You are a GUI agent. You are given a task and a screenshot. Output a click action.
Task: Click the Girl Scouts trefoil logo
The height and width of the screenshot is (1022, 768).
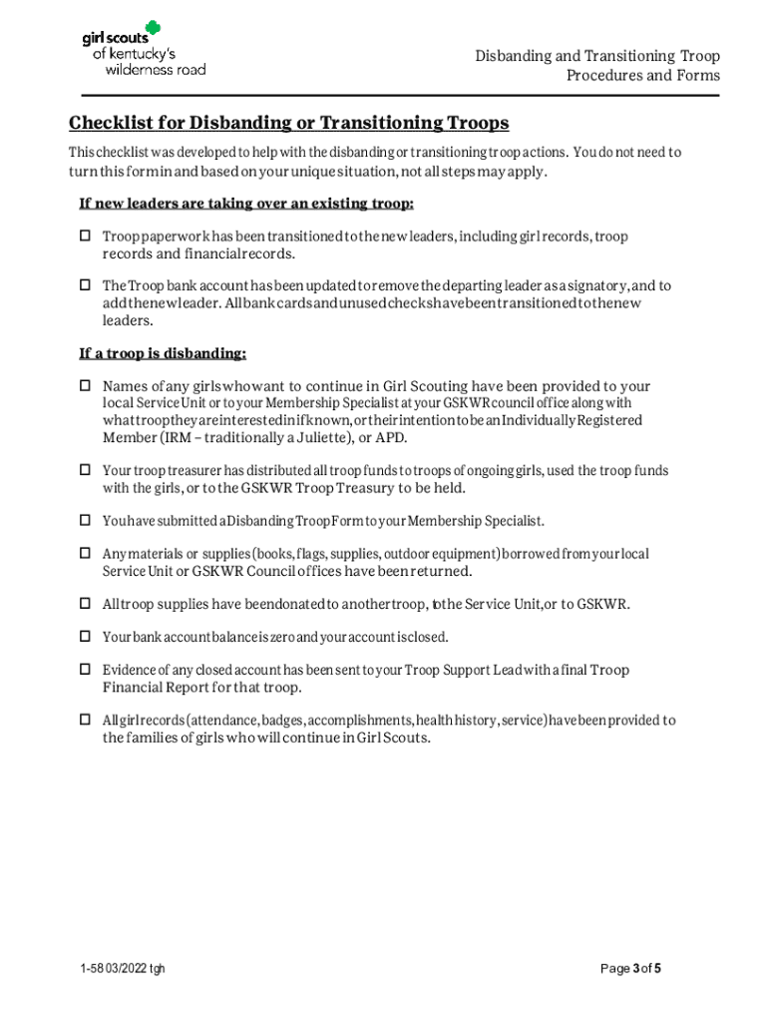(x=151, y=28)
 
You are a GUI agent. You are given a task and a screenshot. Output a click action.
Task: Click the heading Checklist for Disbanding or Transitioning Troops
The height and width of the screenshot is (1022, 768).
(x=289, y=123)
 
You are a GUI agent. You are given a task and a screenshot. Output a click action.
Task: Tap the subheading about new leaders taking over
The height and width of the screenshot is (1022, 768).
(x=246, y=204)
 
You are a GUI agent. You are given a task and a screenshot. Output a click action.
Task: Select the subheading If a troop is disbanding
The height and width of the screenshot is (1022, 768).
(x=163, y=353)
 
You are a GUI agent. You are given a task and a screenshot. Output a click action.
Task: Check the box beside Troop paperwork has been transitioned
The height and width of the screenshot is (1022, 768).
(x=85, y=237)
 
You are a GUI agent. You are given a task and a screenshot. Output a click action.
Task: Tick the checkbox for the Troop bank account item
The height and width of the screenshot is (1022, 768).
(x=85, y=285)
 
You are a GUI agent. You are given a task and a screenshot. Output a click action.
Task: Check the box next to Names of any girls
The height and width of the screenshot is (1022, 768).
(x=85, y=386)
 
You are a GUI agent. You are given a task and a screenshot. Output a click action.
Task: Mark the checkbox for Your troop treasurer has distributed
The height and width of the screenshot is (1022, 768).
(x=85, y=470)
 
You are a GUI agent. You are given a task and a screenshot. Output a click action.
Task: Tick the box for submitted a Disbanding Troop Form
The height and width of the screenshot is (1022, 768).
(x=85, y=521)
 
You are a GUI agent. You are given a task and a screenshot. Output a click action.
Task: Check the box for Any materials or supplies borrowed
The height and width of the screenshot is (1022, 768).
(x=85, y=553)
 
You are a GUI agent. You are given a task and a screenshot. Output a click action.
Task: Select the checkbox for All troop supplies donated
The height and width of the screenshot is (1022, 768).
(x=85, y=604)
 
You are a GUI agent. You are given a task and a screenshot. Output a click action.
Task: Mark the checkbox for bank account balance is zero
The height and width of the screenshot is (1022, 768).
(x=85, y=637)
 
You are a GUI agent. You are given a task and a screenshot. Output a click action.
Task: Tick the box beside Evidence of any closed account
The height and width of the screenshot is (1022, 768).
(x=85, y=670)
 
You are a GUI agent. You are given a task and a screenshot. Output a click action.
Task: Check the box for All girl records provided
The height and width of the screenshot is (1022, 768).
(x=85, y=720)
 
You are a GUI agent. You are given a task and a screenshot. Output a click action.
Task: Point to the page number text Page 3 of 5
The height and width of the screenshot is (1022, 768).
(x=630, y=968)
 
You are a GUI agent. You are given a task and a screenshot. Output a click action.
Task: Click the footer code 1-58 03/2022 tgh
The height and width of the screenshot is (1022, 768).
(x=124, y=969)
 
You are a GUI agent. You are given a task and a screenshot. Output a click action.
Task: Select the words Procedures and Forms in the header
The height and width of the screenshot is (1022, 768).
(x=642, y=76)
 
